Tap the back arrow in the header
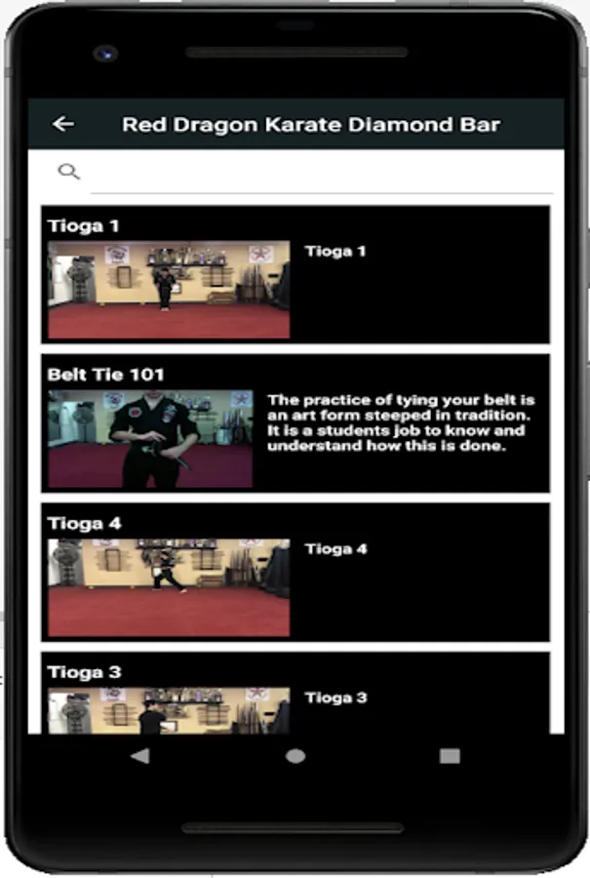(63, 124)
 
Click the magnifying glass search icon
(69, 172)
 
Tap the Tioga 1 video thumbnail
(169, 290)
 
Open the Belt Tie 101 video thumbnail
(150, 438)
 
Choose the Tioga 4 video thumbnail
(169, 587)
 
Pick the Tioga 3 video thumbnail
(169, 710)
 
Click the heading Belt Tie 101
(105, 375)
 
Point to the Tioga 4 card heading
(85, 524)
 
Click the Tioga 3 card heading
(85, 672)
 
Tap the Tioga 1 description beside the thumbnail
(335, 252)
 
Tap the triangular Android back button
(140, 756)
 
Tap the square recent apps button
(450, 756)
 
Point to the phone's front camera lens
(105, 54)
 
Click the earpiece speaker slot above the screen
(296, 53)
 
